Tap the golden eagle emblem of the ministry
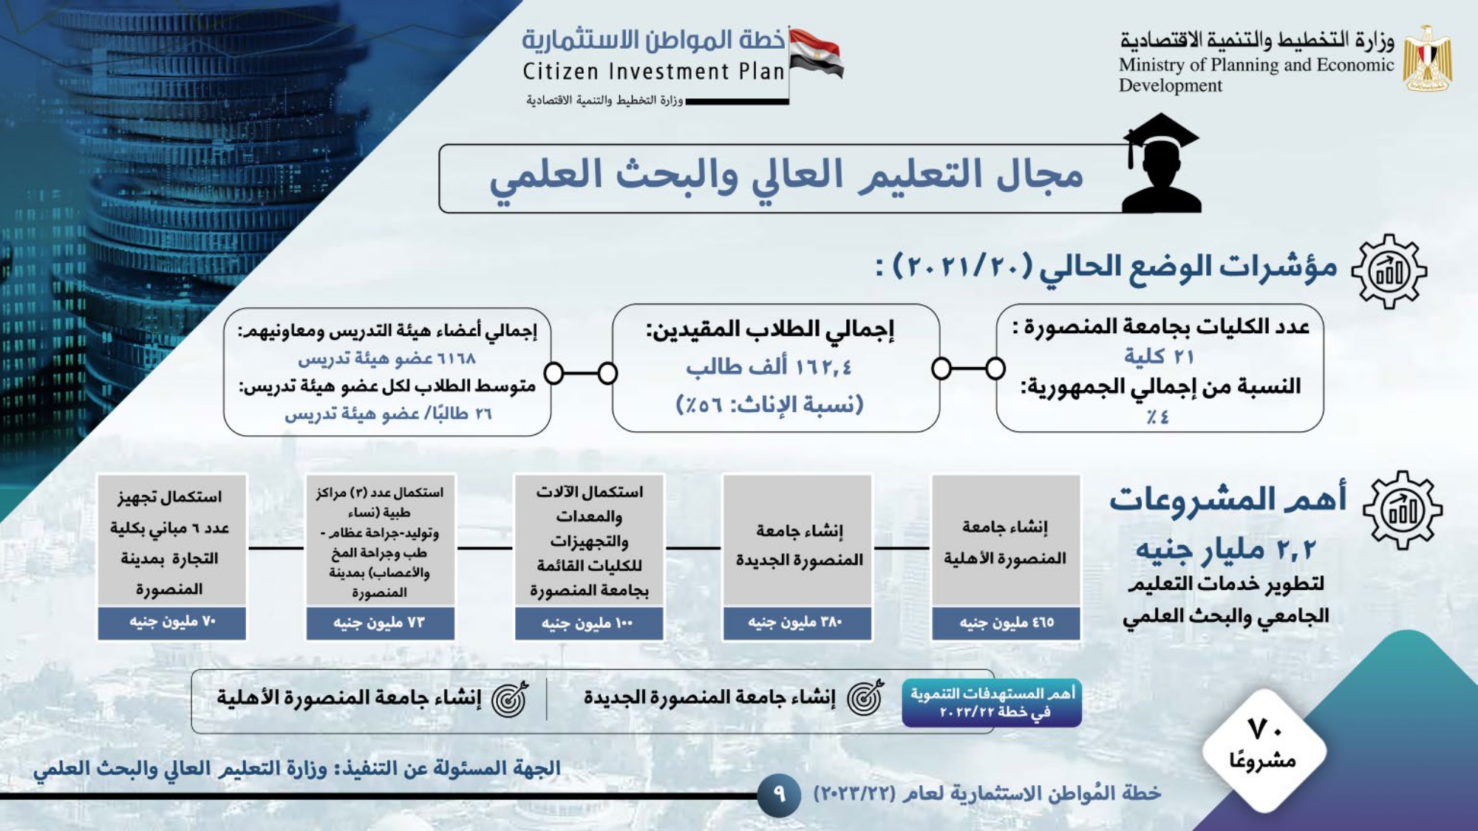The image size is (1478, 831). coord(1428,59)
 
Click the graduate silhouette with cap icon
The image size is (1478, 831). coord(1161,163)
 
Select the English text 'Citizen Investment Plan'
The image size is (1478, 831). coord(653,72)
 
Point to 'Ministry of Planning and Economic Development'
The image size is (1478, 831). coord(1256,75)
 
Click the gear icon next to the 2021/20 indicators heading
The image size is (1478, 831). coord(1389,271)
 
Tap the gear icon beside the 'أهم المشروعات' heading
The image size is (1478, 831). coord(1403,510)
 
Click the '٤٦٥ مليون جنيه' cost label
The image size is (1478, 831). coord(1007,623)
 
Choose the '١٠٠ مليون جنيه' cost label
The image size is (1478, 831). coord(588,623)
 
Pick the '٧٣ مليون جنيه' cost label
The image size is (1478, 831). coord(379,623)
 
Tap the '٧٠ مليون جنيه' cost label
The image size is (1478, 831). coord(172,622)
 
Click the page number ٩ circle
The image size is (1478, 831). coord(779,794)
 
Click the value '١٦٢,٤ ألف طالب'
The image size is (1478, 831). coord(769,366)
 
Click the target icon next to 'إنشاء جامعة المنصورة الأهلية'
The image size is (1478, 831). coord(510,698)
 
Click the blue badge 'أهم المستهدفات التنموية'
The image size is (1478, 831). coord(992,703)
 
